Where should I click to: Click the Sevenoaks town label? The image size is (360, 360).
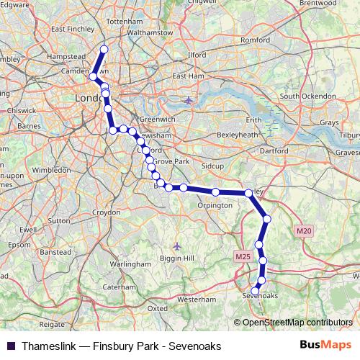(x=261, y=295)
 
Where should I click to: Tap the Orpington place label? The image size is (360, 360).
(x=215, y=205)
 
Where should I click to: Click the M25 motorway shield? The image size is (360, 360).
(x=241, y=256)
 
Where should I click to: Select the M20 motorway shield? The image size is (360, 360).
(x=302, y=230)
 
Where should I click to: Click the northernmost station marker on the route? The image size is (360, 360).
(x=104, y=49)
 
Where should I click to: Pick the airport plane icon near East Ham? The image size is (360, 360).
(x=188, y=100)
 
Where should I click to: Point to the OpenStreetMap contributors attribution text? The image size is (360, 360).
(x=297, y=322)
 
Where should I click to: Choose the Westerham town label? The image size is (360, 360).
(x=196, y=298)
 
